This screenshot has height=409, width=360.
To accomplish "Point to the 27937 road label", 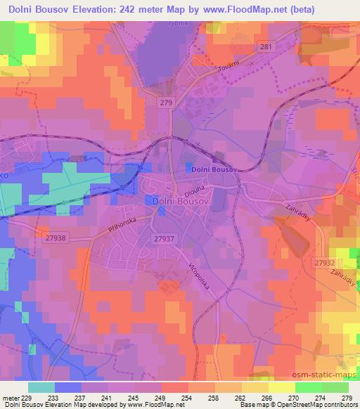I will click(162, 239).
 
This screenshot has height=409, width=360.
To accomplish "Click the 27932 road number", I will click(324, 261).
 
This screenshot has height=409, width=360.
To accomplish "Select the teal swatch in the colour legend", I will click(41, 387).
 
